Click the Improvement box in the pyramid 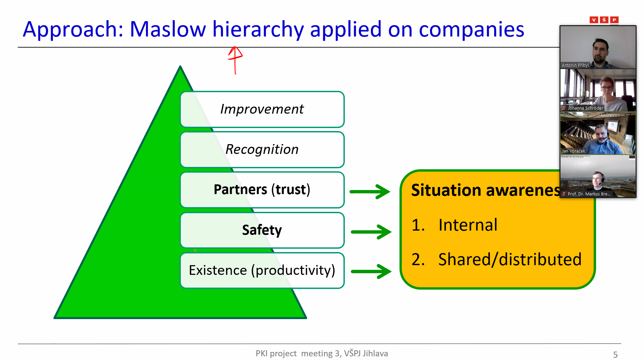pos(262,109)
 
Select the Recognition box pos(262,149)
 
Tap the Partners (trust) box pos(262,190)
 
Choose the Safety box pos(262,230)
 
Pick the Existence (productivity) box pos(262,271)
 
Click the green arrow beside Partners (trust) pos(370,192)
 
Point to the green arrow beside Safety pos(371,232)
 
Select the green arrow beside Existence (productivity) pos(371,271)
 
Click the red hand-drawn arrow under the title pos(235,60)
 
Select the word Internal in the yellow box pos(468,225)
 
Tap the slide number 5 pos(615,355)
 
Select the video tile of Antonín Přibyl pos(598,47)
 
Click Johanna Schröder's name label pos(585,108)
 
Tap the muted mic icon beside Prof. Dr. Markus pos(564,194)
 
